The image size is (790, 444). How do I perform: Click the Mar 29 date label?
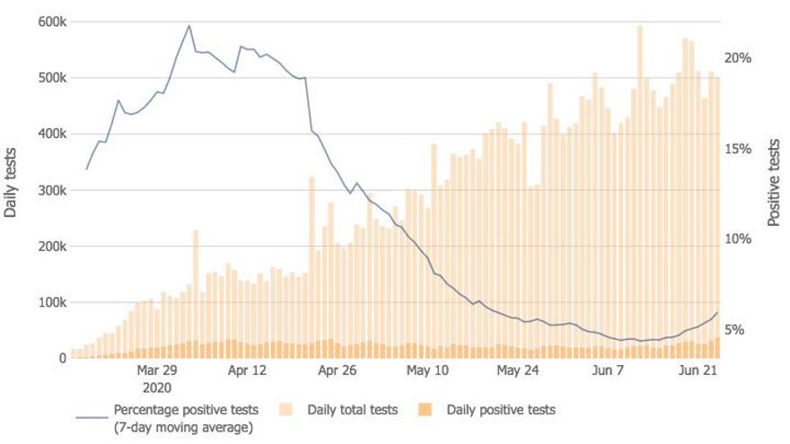click(x=157, y=370)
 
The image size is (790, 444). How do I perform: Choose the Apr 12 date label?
click(x=248, y=370)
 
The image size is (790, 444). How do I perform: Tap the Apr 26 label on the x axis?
click(x=338, y=370)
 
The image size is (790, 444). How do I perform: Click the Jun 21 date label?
click(x=698, y=370)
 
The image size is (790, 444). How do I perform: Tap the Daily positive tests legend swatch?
click(x=426, y=410)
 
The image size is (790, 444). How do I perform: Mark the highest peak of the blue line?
click(x=189, y=25)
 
